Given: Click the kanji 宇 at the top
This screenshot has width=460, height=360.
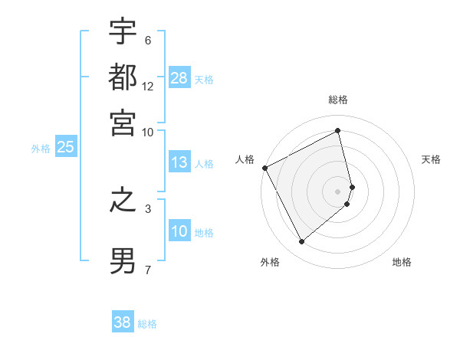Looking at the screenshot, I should pos(123,32).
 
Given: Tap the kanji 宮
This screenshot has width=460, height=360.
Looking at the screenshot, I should pos(123,120).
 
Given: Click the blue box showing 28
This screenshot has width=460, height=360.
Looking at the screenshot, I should pos(179,78).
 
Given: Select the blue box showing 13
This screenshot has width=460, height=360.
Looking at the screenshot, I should pos(179,162).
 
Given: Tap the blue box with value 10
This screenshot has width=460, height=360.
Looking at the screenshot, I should pos(179,232).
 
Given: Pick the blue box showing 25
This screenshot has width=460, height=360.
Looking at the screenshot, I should pos(65,148).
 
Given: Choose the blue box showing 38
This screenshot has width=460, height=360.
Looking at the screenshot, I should pos(123,322).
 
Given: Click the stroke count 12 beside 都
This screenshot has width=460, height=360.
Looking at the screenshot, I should pos(148,86).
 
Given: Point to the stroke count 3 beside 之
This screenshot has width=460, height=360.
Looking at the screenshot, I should pos(148,208).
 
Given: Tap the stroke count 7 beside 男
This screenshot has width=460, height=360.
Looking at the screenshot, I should pos(148,270).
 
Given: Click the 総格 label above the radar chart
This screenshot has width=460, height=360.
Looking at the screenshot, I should pos(338,100).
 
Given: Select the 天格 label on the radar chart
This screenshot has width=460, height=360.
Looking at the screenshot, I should pos(432,159).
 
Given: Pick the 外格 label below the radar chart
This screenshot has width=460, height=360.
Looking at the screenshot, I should pos(270,262).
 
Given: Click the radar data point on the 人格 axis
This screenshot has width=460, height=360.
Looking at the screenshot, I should pos(264,168).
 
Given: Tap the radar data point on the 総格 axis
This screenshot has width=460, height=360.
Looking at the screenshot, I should pos(338,131).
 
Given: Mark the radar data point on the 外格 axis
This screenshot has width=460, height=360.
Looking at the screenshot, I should pos(301,242).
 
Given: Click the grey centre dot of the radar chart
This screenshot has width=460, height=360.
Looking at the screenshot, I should pos(338,191).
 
